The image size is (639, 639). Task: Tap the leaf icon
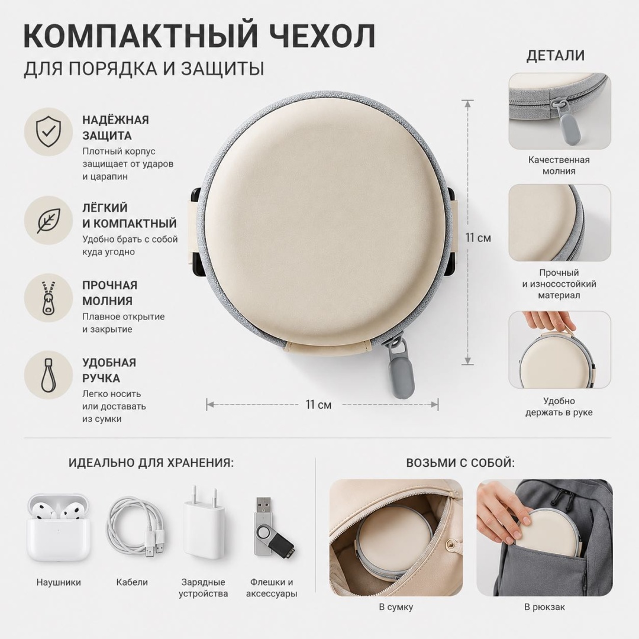pos(49,220)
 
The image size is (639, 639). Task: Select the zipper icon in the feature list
pos(49,298)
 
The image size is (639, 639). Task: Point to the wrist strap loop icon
pos(49,375)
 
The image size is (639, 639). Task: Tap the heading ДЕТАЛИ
pos(556,56)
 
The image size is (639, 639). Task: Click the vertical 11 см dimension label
pos(478,238)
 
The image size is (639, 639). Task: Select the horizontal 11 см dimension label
pos(318,405)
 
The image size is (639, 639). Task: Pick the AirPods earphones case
pos(58,528)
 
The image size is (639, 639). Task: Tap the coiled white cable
pos(136,527)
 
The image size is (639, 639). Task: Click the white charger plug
pos(204,523)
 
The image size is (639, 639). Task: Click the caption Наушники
pos(59,582)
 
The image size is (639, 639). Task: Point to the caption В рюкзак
pos(544,607)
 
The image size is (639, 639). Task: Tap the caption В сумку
pos(396,607)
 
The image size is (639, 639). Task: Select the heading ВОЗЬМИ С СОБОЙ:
pos(460,463)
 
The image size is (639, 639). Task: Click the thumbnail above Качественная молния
pos(560,111)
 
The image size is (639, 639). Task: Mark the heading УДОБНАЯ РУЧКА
pos(109,370)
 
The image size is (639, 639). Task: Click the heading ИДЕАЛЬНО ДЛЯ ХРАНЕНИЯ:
pos(151,463)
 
